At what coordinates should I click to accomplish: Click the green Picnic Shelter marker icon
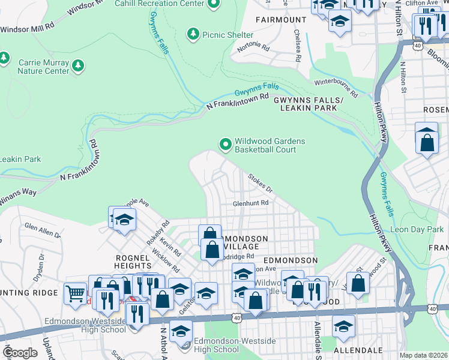click(x=193, y=34)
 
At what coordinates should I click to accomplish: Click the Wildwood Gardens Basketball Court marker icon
click(x=226, y=144)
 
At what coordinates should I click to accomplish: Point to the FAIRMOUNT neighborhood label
click(x=281, y=20)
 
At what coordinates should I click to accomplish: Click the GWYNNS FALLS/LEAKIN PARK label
click(x=309, y=104)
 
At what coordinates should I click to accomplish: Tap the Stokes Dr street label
click(x=261, y=182)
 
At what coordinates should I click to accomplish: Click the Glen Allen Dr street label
click(x=43, y=230)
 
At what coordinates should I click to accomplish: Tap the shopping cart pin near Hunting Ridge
click(x=75, y=293)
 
